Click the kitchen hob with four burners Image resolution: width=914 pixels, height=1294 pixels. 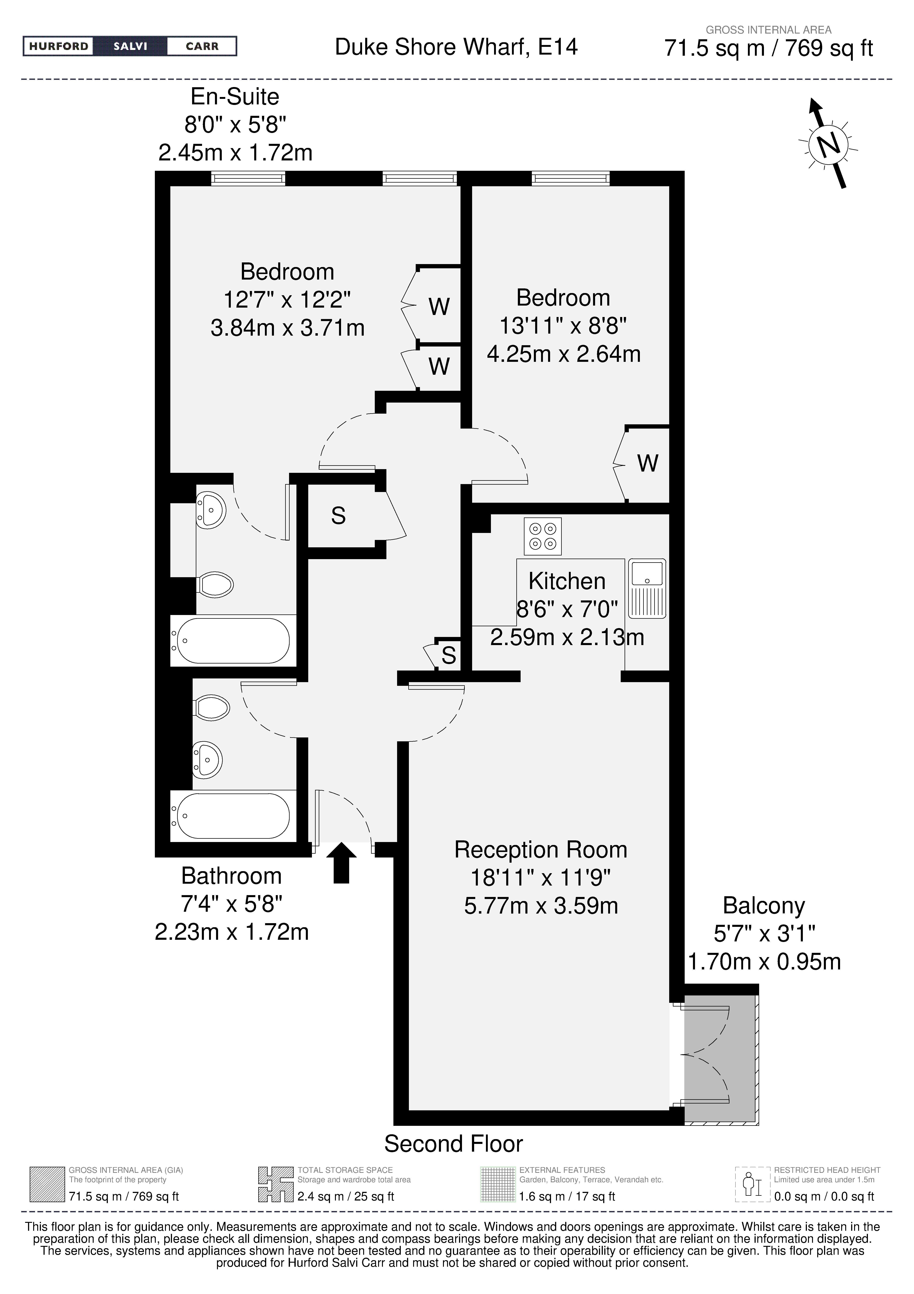(x=543, y=536)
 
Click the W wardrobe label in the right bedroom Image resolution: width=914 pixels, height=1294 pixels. (x=647, y=463)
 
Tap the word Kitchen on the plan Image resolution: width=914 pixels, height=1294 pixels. (x=567, y=581)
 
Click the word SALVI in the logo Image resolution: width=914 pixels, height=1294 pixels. (x=130, y=46)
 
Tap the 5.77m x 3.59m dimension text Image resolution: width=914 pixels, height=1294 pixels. (x=541, y=906)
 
